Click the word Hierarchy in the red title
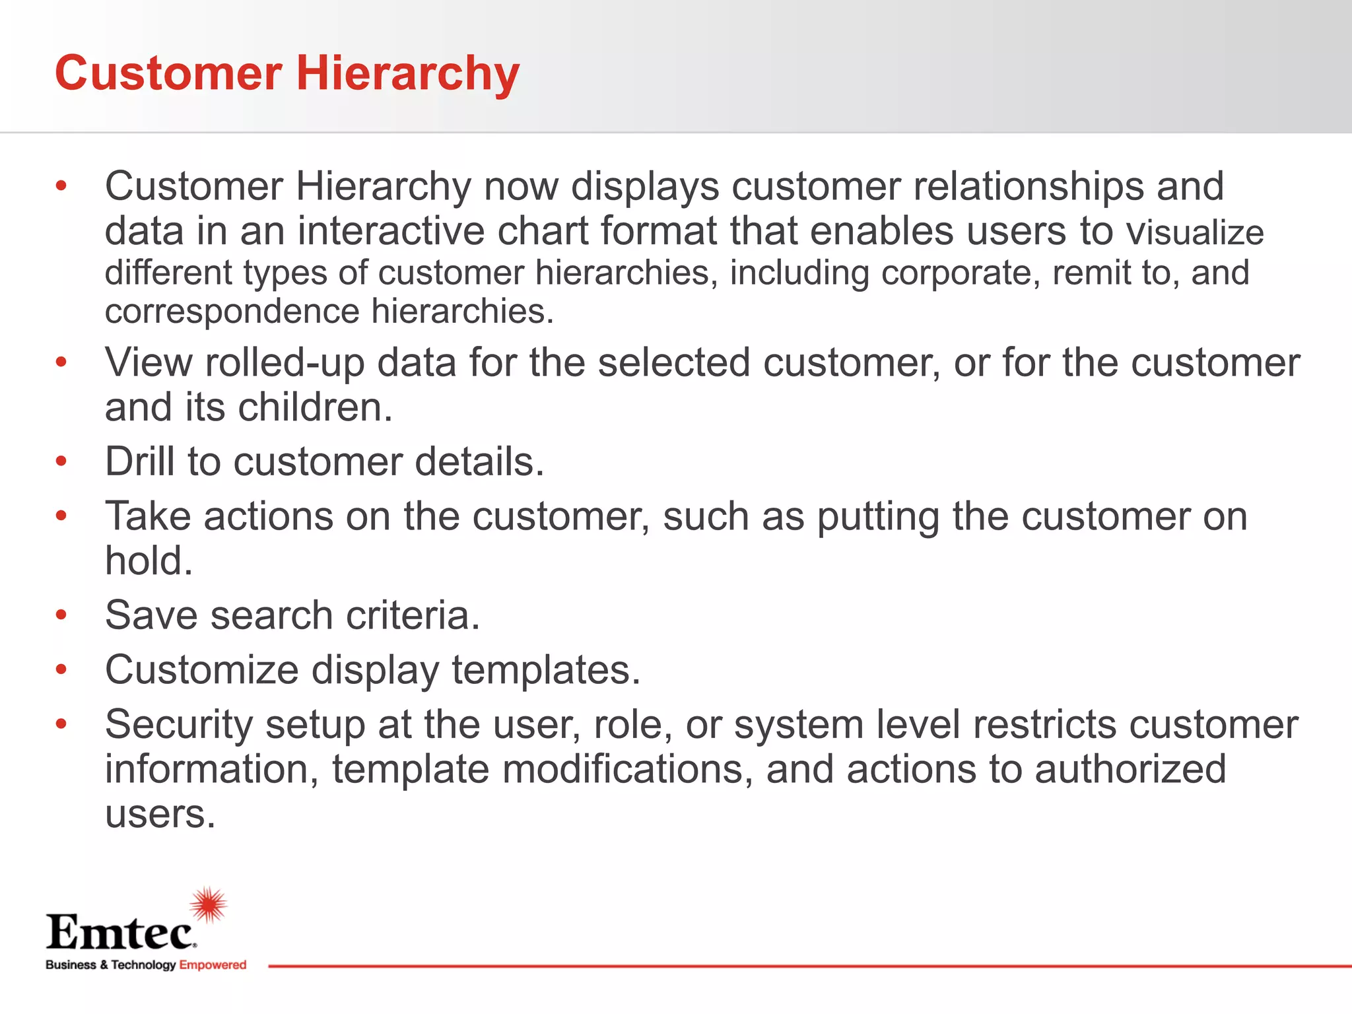point(407,73)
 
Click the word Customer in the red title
point(168,73)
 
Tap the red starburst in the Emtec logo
point(209,905)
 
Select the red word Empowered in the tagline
point(213,965)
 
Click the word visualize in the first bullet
point(1195,232)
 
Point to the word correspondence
point(232,312)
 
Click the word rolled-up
point(285,363)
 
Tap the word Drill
point(140,461)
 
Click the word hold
point(149,561)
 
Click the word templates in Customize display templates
point(545,671)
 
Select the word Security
point(179,726)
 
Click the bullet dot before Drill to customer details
point(61,461)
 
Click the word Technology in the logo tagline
point(143,965)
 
